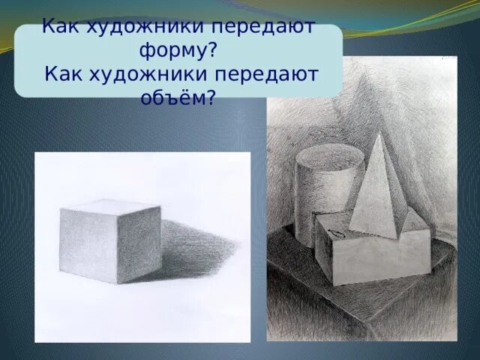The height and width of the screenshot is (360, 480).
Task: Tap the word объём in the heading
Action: coord(172,97)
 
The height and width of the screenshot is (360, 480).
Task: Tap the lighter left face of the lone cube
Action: coord(89,244)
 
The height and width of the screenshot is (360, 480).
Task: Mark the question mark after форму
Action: coord(214,51)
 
